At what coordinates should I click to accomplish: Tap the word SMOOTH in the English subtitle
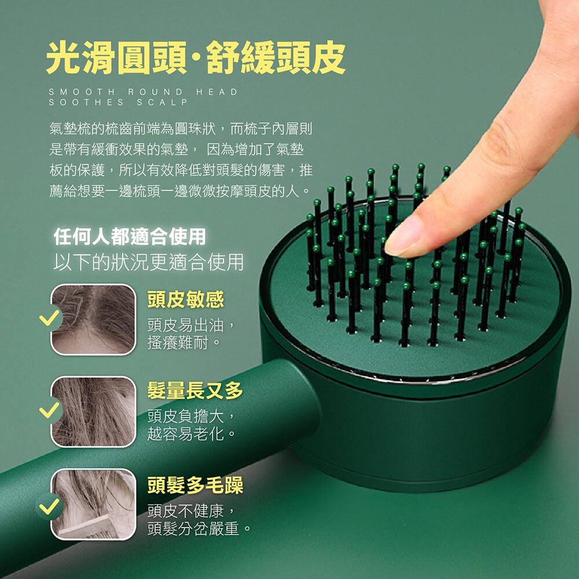point(80,92)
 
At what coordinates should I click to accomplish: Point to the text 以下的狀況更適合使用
point(148,262)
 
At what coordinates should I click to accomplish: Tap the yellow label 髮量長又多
point(195,391)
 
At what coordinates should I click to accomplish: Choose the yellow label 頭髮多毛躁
point(195,485)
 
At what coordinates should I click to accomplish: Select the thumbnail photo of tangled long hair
point(93,412)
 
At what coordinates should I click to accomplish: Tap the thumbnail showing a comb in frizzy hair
point(93,504)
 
